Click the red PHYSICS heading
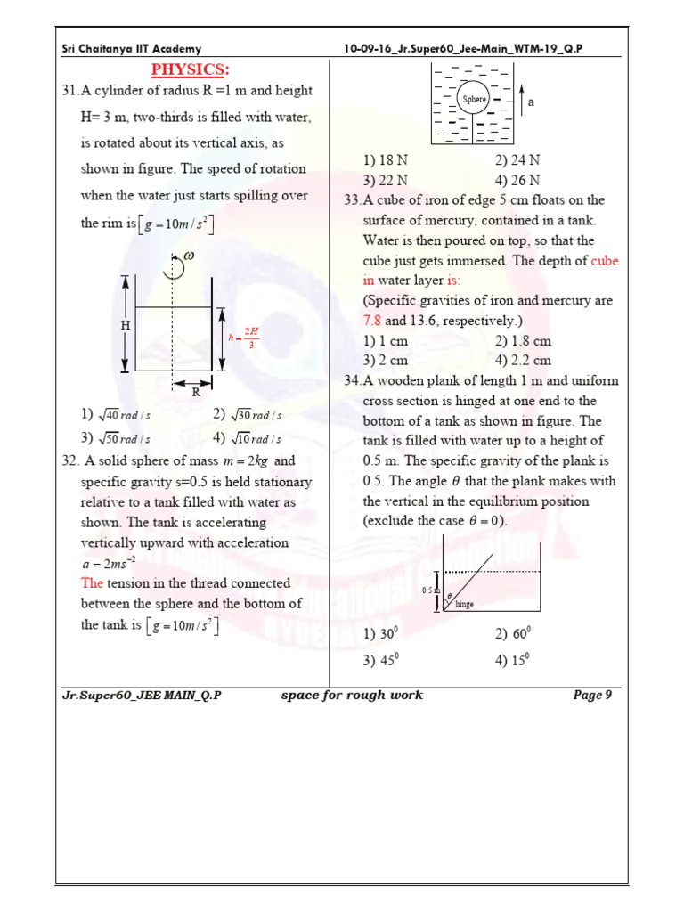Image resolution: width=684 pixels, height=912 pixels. (x=190, y=70)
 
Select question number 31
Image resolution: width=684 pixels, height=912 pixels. (x=69, y=91)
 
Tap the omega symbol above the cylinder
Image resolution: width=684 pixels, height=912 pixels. (x=189, y=256)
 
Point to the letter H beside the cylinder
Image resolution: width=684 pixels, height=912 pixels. (x=126, y=326)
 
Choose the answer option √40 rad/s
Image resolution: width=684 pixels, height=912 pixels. (x=115, y=415)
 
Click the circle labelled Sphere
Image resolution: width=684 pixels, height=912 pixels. (x=474, y=99)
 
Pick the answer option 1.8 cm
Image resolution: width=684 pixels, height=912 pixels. (x=523, y=341)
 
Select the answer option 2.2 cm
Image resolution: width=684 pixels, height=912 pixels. (x=523, y=361)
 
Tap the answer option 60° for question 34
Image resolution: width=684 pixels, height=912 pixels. (x=513, y=634)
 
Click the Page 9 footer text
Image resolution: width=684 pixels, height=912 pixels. (x=591, y=696)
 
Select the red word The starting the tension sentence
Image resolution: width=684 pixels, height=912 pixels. (x=93, y=583)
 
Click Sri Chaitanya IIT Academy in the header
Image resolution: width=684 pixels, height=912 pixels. (x=132, y=49)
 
